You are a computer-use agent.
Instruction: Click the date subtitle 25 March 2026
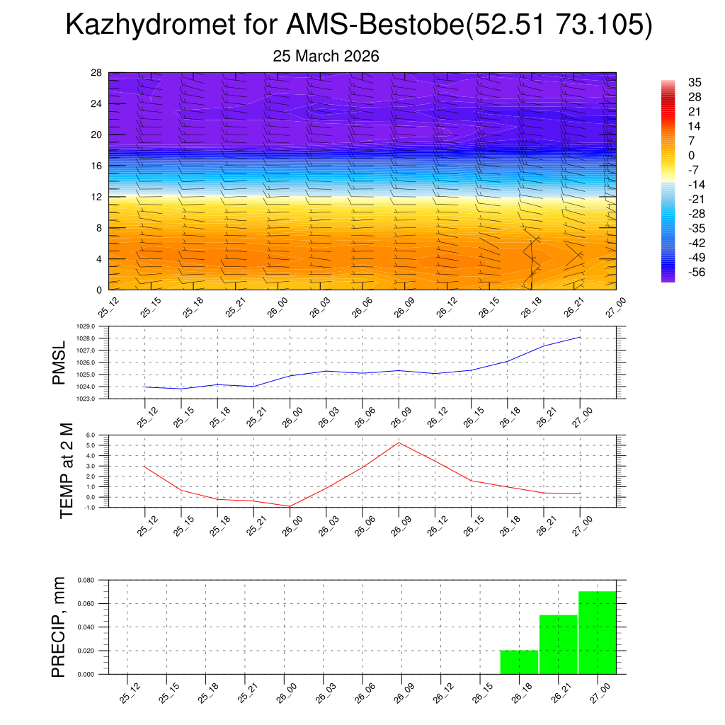pos(326,57)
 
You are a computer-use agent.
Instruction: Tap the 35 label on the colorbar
pos(695,82)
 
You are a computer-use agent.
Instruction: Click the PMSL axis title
pos(61,362)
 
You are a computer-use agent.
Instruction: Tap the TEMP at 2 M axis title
pos(66,471)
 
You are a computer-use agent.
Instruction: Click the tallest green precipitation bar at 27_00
pos(597,632)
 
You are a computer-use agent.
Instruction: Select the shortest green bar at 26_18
pos(519,662)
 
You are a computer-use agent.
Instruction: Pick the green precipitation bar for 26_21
pos(558,644)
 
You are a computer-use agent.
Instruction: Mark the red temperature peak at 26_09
pos(399,443)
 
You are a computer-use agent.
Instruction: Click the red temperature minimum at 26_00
pos(290,506)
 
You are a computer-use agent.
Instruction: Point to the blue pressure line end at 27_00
pos(580,337)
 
